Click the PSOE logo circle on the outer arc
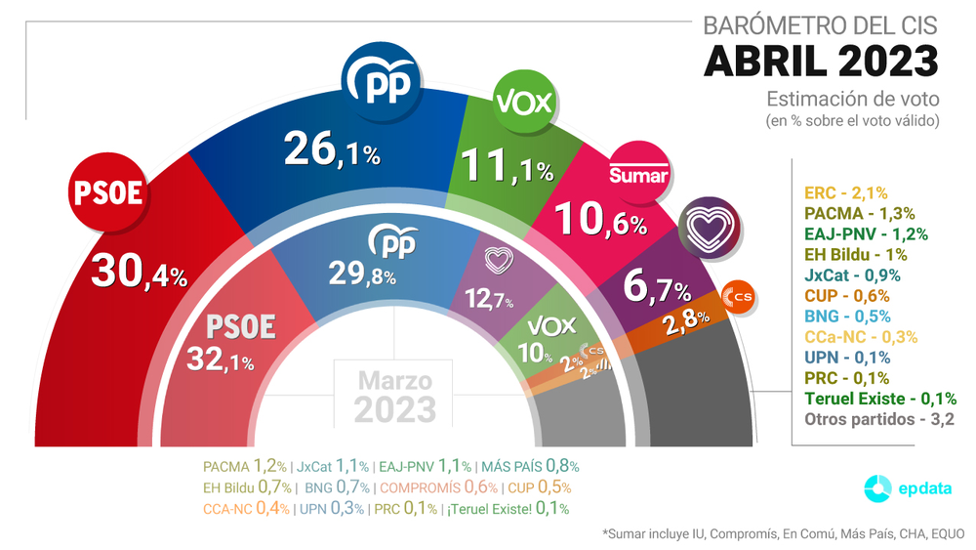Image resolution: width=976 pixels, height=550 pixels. [x=108, y=192]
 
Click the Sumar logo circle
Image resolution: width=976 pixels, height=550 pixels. [x=638, y=173]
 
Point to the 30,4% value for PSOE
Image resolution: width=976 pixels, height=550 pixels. [x=138, y=273]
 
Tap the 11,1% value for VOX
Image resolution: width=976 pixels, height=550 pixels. [x=506, y=167]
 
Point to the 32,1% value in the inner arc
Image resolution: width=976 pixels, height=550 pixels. [x=221, y=361]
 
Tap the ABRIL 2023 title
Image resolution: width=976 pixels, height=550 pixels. [x=821, y=61]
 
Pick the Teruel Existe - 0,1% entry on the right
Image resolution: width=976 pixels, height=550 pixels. [x=879, y=399]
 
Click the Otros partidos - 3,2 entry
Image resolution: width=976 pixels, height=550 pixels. [x=877, y=419]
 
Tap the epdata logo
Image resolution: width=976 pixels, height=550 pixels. [x=905, y=488]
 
